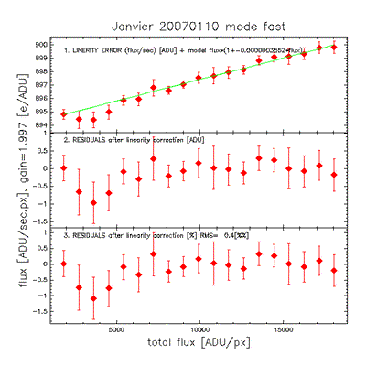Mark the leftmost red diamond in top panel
(64, 114)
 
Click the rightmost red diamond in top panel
(334, 47)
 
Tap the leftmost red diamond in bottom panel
(64, 264)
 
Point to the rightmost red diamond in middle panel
(334, 174)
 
